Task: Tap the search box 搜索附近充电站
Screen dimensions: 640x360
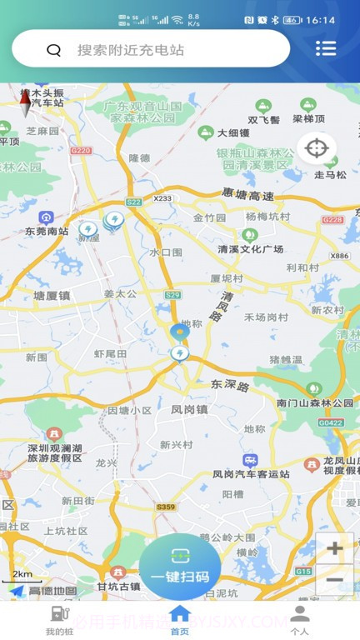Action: [150, 50]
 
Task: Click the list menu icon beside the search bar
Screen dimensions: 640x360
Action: [326, 48]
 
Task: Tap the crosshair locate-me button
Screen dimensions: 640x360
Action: [317, 149]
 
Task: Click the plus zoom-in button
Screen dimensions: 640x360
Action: [335, 548]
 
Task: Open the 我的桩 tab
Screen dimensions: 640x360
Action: [59, 620]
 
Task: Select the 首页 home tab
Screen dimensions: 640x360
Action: [180, 620]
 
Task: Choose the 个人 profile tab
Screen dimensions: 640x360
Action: [300, 620]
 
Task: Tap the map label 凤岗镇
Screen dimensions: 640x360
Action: [188, 410]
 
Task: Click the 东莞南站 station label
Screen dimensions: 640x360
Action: [46, 231]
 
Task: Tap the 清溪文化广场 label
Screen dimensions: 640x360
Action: [250, 249]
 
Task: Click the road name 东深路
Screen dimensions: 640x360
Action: [230, 385]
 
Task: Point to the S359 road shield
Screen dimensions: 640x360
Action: [165, 506]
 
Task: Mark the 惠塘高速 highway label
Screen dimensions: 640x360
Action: [247, 193]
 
